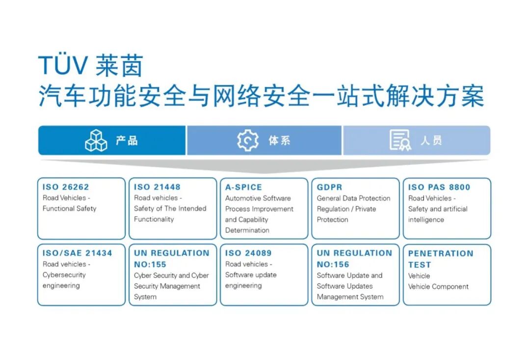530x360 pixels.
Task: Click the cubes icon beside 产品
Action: click(96, 140)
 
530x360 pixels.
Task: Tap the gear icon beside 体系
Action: click(248, 140)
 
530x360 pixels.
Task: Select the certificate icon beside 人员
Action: click(400, 140)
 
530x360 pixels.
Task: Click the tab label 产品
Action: click(127, 140)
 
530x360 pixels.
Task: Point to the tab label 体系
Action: click(279, 140)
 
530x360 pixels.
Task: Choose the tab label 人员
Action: click(431, 140)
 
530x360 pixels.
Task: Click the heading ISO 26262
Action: click(66, 187)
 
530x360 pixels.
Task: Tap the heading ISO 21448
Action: click(157, 187)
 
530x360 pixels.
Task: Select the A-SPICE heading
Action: click(243, 187)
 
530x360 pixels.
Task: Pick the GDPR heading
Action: click(329, 187)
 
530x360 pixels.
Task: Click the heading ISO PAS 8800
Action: click(439, 187)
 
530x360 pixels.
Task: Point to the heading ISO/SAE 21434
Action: click(77, 253)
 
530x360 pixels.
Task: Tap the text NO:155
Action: click(150, 264)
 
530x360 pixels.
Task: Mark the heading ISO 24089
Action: click(248, 253)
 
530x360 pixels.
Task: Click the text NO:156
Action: click(333, 264)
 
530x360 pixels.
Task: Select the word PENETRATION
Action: click(441, 253)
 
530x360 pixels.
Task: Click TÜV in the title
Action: click(63, 65)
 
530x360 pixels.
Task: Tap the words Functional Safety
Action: click(69, 209)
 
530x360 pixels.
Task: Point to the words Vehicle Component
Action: click(438, 287)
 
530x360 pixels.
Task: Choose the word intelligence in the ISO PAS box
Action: click(426, 220)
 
